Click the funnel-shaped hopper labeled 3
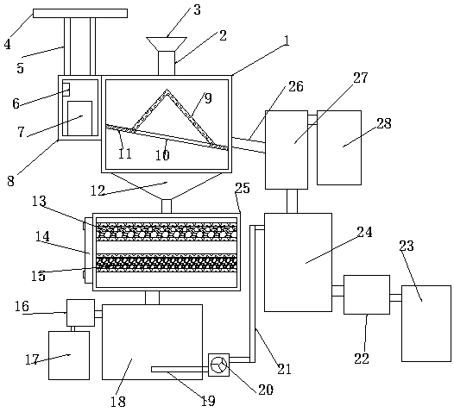(167, 44)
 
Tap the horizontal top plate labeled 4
(80, 13)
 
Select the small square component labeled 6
(66, 90)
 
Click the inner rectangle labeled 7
(80, 118)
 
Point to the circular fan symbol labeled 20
(218, 365)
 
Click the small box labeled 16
(80, 313)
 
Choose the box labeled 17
(69, 355)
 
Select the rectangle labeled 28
(339, 147)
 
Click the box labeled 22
(367, 295)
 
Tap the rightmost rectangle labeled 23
(426, 323)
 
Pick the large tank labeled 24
(299, 262)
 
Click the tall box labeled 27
(287, 150)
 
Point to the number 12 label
(98, 190)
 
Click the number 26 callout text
(296, 86)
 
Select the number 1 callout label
(287, 41)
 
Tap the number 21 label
(284, 369)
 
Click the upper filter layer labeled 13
(167, 232)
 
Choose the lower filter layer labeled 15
(167, 263)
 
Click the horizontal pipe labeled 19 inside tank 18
(180, 369)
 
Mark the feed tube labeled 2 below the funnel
(167, 63)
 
